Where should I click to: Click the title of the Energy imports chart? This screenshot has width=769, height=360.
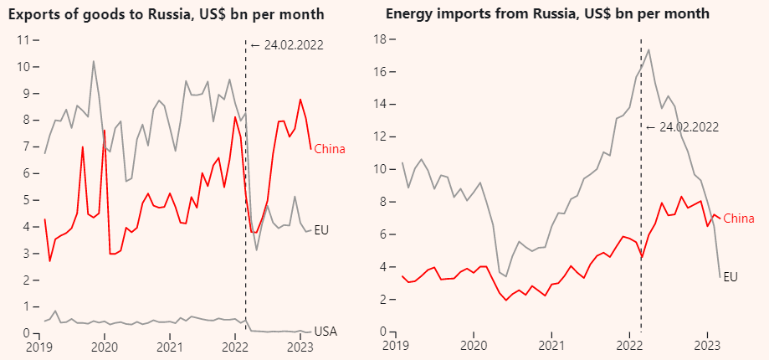point(547,14)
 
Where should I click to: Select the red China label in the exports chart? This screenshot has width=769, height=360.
point(330,149)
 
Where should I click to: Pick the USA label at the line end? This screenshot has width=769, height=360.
point(326,332)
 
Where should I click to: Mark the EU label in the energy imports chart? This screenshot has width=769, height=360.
point(731,276)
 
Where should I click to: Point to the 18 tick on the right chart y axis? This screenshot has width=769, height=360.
point(379,39)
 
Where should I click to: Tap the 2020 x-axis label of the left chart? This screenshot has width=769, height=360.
point(104,346)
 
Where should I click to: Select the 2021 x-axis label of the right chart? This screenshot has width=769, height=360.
point(552,346)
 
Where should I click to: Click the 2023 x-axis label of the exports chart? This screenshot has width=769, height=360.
point(300,346)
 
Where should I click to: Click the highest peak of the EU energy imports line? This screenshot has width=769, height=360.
point(649,49)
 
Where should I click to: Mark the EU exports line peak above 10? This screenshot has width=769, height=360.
point(93,60)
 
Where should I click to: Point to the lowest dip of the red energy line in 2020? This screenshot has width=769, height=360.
point(505,300)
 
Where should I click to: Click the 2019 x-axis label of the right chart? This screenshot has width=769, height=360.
point(397,346)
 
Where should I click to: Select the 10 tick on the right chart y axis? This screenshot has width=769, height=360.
point(379,169)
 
